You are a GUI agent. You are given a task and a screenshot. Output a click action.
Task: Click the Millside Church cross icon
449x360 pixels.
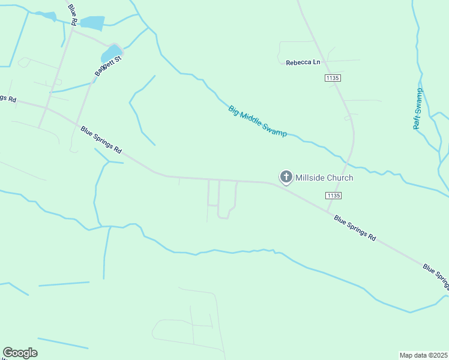coord(286,177)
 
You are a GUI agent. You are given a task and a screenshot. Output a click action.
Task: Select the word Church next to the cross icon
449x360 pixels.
coord(340,178)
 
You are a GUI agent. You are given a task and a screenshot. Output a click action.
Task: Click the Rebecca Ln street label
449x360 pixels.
coord(303,62)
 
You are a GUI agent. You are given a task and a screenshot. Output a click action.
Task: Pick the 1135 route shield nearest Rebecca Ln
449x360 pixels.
coord(333,78)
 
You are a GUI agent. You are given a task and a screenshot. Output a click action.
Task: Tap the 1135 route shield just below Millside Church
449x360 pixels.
coord(334,196)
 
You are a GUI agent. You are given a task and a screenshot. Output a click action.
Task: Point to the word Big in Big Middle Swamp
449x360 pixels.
coord(234,110)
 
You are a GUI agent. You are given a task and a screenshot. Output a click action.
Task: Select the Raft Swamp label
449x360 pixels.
coord(418,109)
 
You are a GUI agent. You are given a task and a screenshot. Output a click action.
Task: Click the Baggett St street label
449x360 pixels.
coord(107,65)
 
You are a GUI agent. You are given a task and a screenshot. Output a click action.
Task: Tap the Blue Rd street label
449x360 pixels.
coord(73,13)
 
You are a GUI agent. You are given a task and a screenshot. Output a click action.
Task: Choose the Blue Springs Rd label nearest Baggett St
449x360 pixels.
coord(101,139)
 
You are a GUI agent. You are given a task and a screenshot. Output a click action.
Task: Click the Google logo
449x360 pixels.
coord(20,353)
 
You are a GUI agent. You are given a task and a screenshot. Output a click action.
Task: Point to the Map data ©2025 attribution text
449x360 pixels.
coord(423,355)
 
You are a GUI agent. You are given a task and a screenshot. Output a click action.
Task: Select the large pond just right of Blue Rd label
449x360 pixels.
coord(92,23)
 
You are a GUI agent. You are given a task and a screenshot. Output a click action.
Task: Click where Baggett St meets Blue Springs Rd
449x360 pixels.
coord(77,124)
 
